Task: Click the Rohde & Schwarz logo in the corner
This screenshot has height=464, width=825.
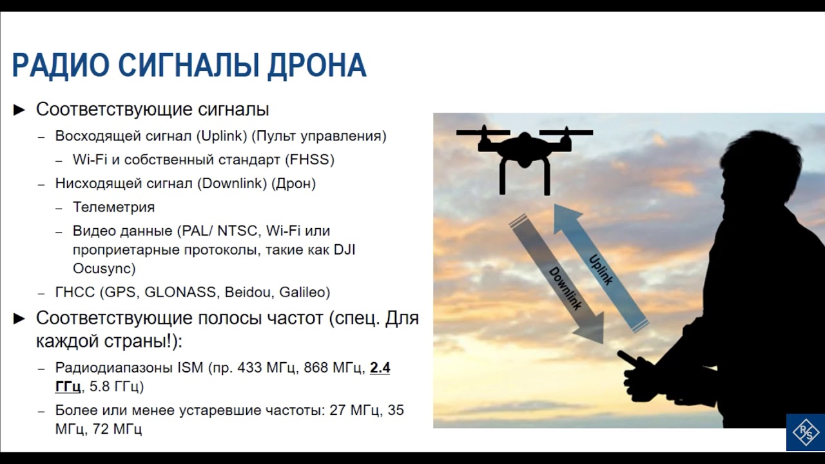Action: (805, 432)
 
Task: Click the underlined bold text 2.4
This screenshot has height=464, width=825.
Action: (380, 368)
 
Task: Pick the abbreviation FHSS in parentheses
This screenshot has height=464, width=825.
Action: (313, 159)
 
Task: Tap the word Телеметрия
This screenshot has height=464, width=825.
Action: (113, 208)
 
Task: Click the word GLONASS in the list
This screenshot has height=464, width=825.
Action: (181, 292)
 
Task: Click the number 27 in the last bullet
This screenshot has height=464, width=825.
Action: (338, 411)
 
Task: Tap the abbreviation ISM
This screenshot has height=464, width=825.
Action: (191, 368)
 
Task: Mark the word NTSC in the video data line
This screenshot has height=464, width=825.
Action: (237, 231)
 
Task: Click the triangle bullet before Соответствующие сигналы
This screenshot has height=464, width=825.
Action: (19, 110)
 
